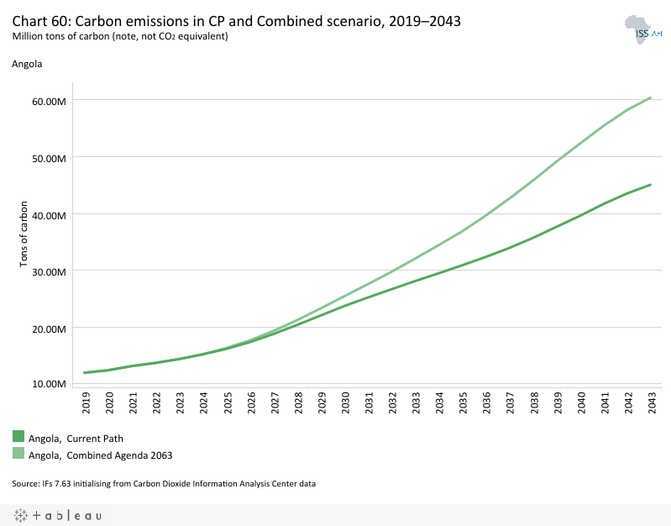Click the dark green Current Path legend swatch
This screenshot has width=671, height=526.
[18, 436]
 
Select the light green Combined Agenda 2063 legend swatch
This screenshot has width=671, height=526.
[18, 453]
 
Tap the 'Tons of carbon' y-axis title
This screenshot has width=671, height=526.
[24, 234]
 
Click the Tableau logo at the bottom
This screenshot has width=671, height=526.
[58, 515]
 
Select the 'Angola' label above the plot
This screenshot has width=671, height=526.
[27, 63]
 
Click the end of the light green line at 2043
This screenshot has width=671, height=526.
[651, 97]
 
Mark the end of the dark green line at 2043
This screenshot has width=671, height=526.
[651, 185]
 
